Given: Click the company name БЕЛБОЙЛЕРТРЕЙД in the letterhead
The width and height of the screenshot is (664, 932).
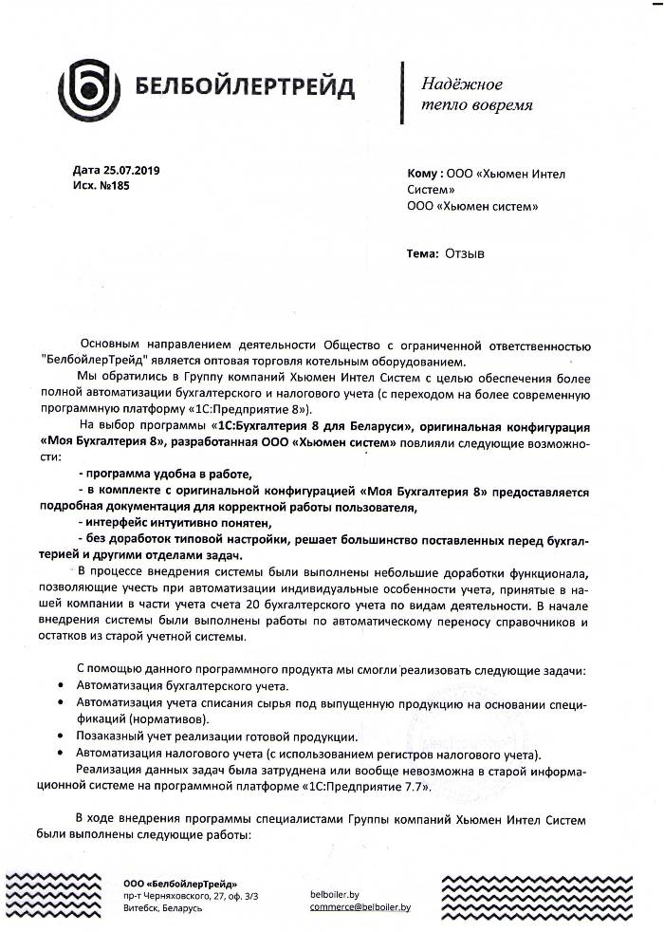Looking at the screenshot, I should [x=245, y=89].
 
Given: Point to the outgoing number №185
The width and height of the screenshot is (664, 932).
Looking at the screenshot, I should [x=112, y=186].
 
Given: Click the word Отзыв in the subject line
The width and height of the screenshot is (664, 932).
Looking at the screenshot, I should [x=466, y=253].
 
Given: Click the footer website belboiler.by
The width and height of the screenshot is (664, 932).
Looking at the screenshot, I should [x=334, y=894].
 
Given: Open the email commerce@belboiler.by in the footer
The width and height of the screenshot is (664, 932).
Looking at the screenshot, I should [x=360, y=907].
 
